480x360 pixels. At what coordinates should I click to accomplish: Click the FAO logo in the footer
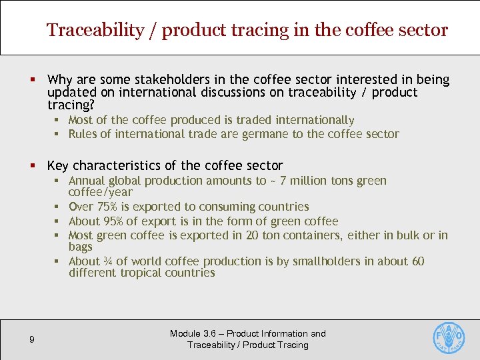click(449, 339)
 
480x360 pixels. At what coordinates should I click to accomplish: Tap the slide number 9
click(32, 340)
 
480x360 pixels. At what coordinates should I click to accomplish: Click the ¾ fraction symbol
click(107, 261)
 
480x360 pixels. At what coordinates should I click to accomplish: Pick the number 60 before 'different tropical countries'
click(417, 261)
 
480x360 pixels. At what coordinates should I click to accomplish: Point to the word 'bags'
click(81, 247)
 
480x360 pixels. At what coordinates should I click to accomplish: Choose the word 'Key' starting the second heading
click(58, 165)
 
